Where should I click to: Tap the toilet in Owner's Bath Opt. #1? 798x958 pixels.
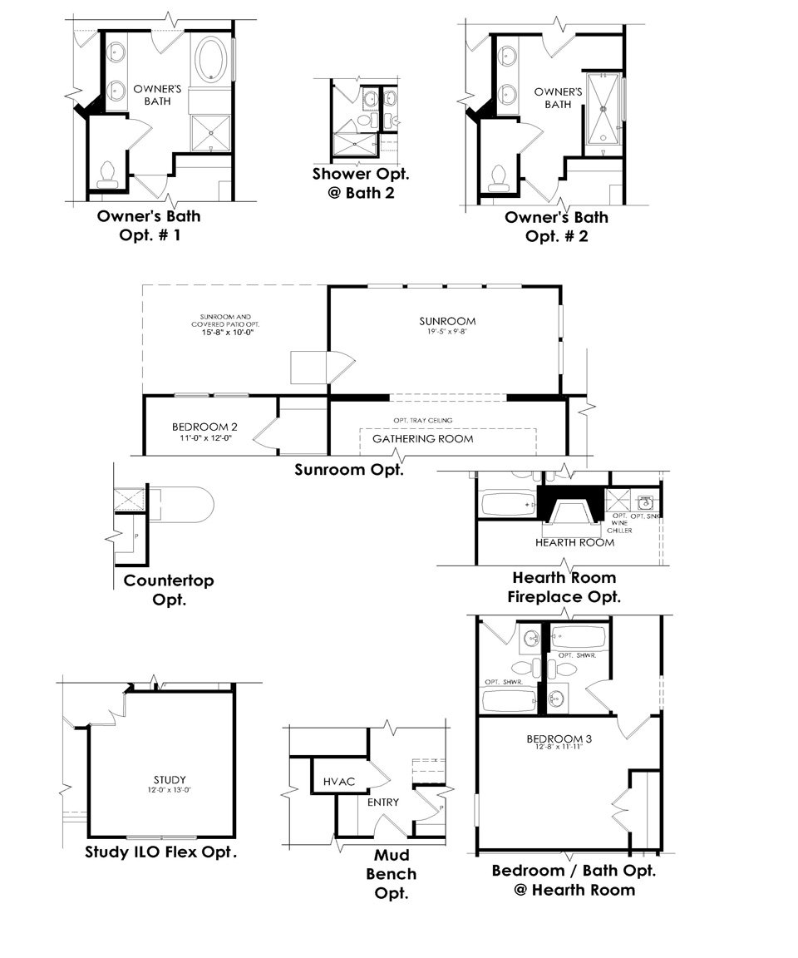click(x=106, y=173)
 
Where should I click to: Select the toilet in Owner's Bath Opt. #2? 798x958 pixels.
click(x=499, y=176)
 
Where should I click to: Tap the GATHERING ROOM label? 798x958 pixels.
click(x=422, y=438)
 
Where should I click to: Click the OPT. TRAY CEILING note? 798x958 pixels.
click(x=423, y=420)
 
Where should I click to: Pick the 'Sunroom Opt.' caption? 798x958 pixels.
click(x=349, y=469)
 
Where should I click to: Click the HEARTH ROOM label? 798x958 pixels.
click(x=574, y=542)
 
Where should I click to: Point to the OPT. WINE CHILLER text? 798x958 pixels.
click(x=621, y=523)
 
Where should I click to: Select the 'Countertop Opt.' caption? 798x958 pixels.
click(x=169, y=590)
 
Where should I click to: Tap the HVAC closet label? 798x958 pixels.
click(x=339, y=782)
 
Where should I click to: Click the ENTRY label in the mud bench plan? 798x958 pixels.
click(x=383, y=802)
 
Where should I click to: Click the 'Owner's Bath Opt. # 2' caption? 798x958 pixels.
click(x=556, y=226)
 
